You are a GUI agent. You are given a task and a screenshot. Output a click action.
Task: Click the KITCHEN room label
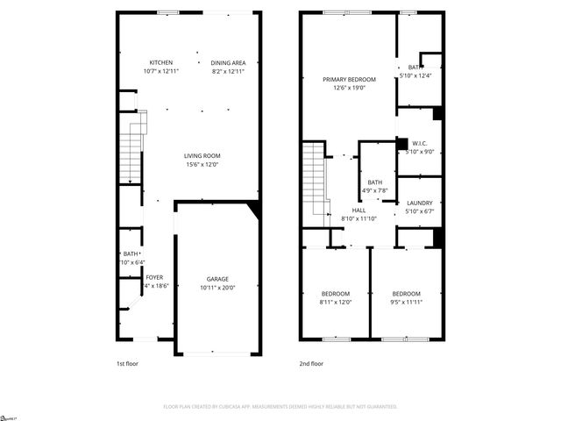click(160, 62)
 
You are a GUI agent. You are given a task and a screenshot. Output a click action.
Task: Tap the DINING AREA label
click(228, 62)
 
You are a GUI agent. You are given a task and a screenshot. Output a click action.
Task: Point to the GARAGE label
click(217, 279)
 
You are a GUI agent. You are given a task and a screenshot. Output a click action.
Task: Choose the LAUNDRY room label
click(419, 203)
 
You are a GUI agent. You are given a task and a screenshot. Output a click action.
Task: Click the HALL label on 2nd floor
click(359, 210)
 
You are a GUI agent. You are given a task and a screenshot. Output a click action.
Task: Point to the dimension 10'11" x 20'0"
click(217, 288)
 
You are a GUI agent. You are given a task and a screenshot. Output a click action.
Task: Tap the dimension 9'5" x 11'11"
click(406, 302)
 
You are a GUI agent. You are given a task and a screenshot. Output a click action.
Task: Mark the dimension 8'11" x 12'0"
click(336, 302)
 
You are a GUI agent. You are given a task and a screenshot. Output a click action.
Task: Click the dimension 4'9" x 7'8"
click(374, 190)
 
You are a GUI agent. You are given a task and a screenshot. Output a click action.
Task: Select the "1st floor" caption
click(127, 363)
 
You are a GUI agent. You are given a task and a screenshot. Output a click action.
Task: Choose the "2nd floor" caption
click(312, 363)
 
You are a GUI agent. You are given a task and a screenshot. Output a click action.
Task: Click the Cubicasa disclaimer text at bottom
click(280, 406)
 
